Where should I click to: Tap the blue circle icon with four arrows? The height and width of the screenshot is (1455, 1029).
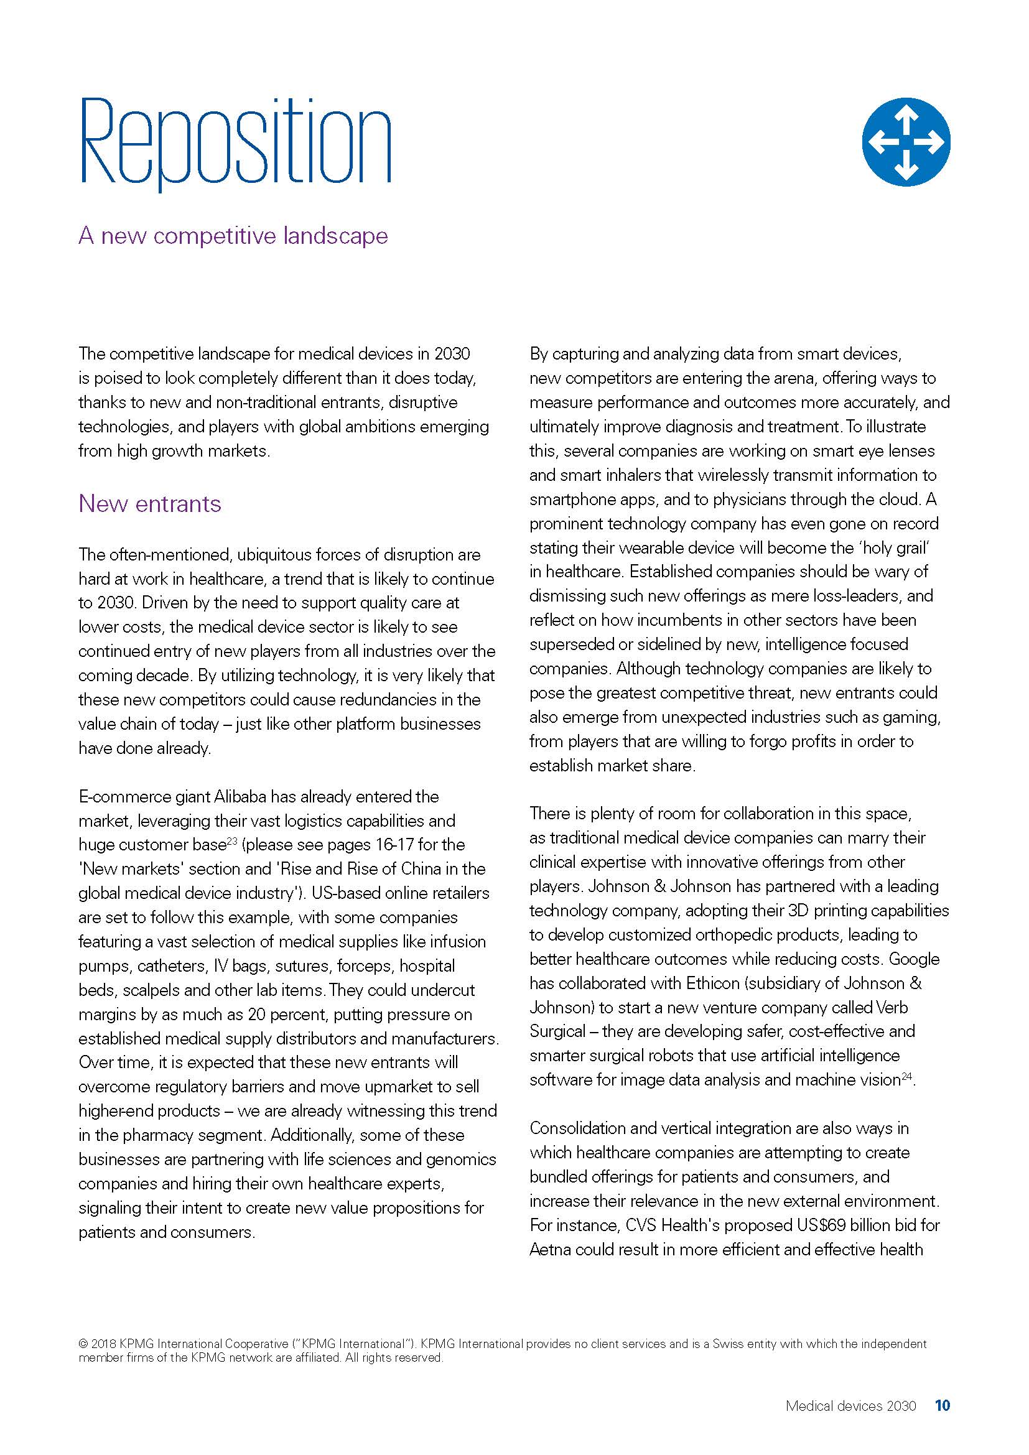(x=905, y=141)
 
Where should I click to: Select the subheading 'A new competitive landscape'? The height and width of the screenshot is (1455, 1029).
(x=233, y=236)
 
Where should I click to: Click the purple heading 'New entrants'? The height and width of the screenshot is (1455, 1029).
(x=150, y=504)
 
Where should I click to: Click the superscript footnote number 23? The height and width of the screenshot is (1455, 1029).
(x=232, y=840)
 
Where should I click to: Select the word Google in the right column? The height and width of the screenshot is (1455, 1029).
(x=915, y=959)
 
